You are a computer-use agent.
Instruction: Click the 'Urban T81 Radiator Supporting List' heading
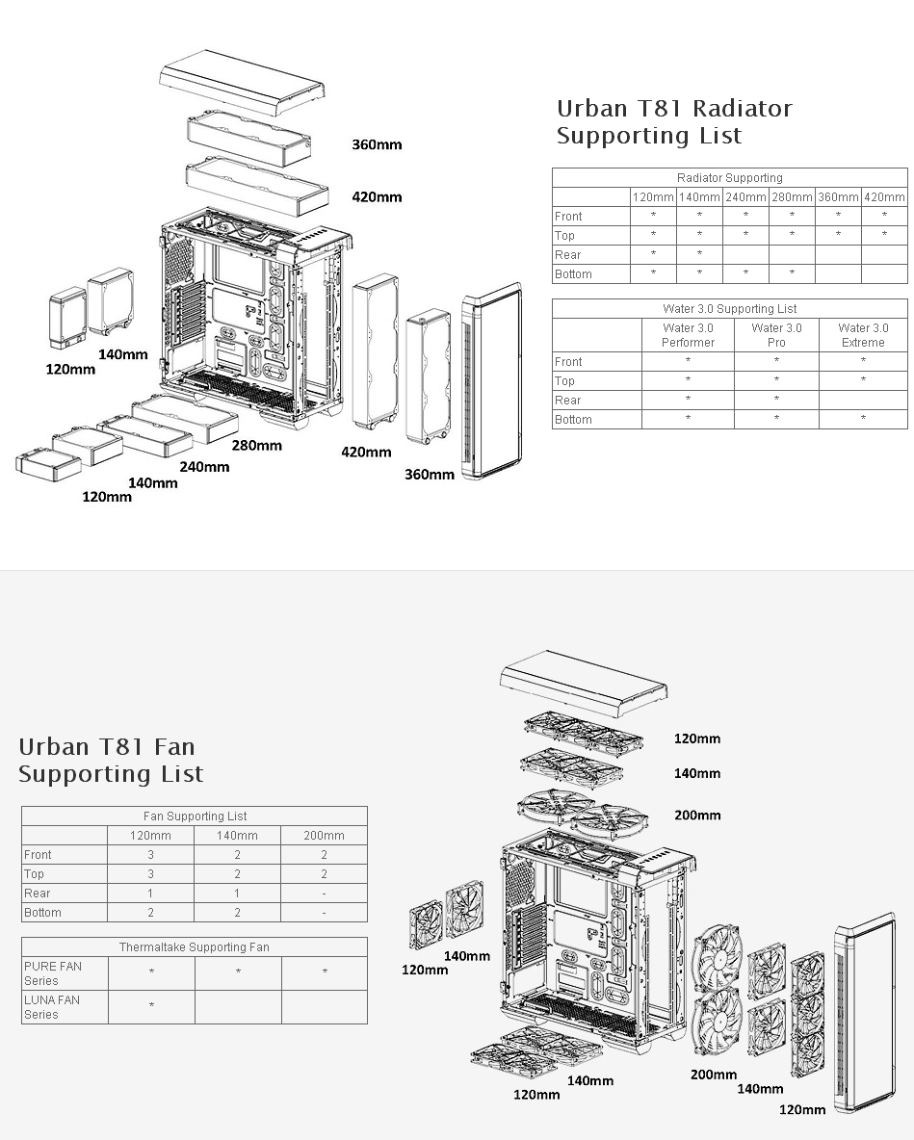tap(673, 122)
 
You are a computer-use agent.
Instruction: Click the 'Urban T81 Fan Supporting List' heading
tap(111, 761)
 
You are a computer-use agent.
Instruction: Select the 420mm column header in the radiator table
tap(884, 197)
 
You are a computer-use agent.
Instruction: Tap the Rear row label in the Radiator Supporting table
tap(568, 255)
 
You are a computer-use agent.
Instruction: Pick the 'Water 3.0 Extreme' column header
tap(863, 335)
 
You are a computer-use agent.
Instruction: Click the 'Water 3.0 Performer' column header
tap(688, 335)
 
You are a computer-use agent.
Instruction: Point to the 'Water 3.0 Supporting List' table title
tap(729, 309)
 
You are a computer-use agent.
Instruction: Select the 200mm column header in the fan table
tap(324, 836)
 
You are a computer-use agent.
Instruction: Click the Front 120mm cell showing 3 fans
tap(150, 855)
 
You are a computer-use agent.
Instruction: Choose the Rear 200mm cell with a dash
tap(324, 894)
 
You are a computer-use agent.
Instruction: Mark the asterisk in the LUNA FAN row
tap(151, 1007)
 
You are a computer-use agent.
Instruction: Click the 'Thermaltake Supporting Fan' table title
tap(194, 947)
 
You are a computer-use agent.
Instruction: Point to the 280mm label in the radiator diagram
tap(256, 446)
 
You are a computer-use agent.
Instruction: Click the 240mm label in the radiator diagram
tap(204, 467)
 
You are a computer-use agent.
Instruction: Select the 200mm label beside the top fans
tap(697, 816)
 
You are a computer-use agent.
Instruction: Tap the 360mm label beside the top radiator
tap(377, 145)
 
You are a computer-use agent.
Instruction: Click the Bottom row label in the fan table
tap(42, 913)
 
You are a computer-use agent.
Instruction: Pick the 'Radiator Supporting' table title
tap(729, 178)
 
